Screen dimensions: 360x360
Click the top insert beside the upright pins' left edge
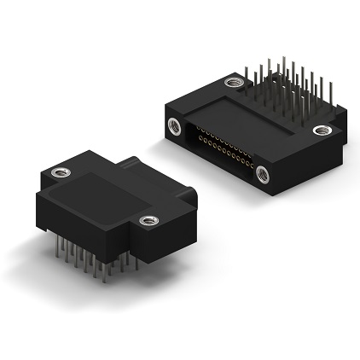233,83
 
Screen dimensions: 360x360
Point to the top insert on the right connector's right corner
322,131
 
